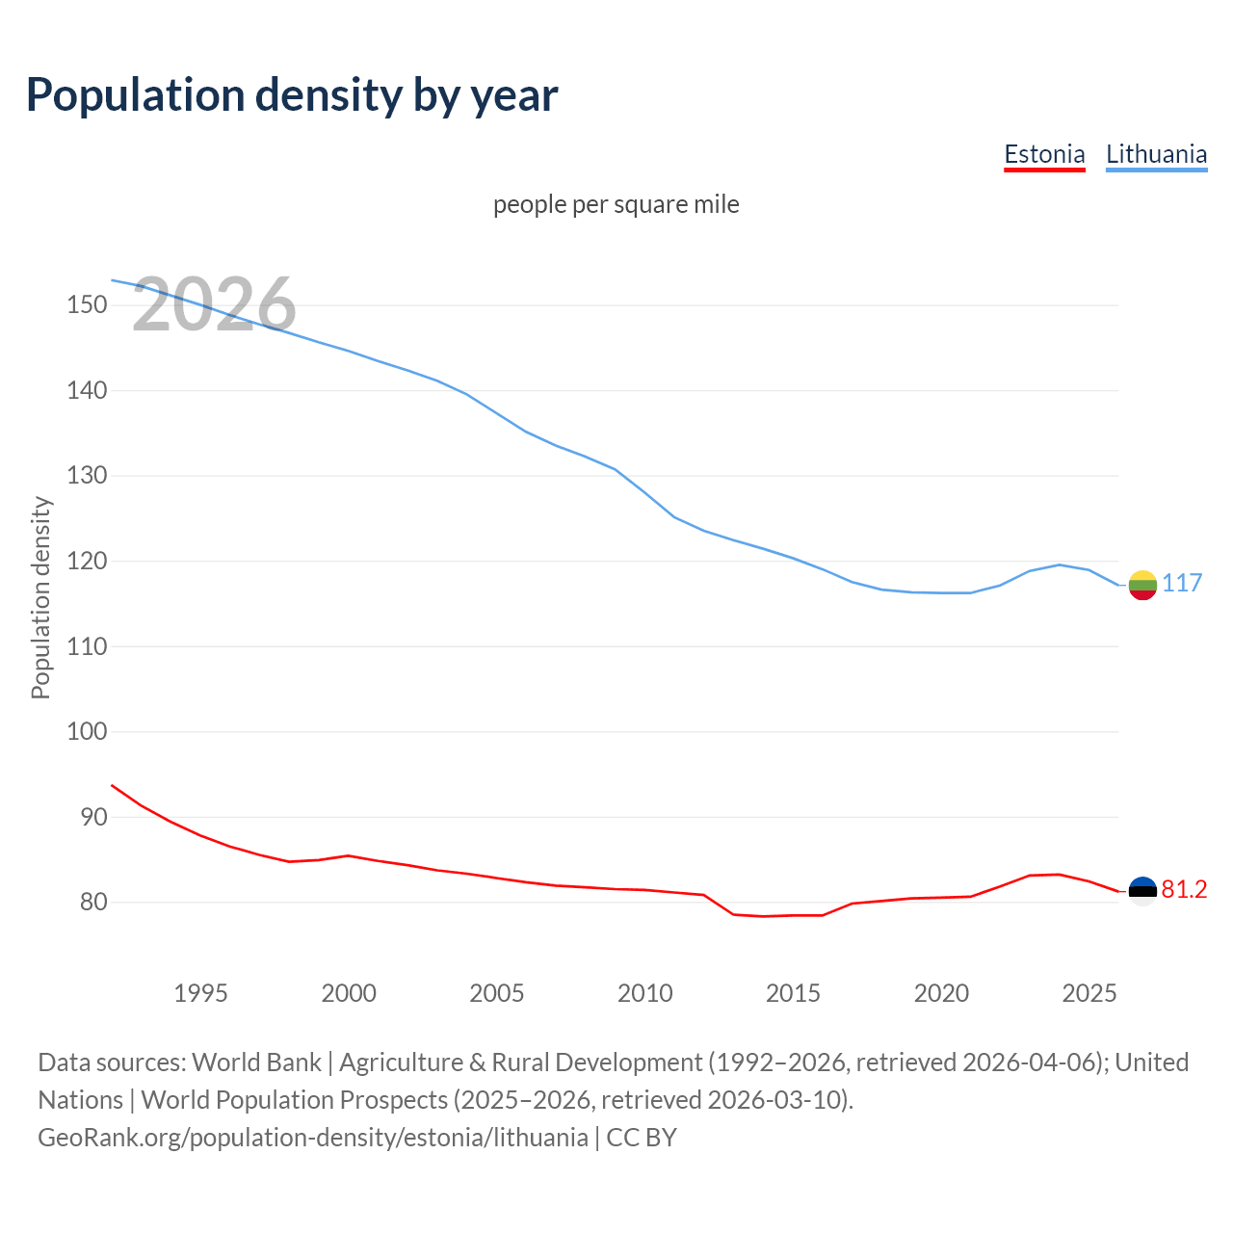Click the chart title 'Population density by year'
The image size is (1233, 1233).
[x=292, y=94]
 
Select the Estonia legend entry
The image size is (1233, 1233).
[x=1044, y=154]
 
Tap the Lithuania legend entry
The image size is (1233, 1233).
[x=1156, y=154]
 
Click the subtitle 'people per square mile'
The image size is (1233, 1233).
[x=616, y=204]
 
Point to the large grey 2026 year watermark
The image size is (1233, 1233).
[x=214, y=304]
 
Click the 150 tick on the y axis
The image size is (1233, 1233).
[x=87, y=305]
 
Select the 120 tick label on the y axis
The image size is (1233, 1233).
[x=87, y=562]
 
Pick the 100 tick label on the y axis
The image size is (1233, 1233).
[x=87, y=732]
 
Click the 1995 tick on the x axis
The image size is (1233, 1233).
[x=200, y=993]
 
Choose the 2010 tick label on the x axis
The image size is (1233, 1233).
[x=644, y=993]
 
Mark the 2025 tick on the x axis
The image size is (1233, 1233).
[x=1089, y=993]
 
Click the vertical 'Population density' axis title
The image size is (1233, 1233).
[x=40, y=597]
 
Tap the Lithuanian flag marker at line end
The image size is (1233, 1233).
[x=1142, y=585]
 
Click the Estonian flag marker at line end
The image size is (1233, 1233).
[x=1142, y=891]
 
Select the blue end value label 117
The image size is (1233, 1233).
[x=1182, y=583]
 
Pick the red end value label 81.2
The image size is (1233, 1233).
[x=1184, y=889]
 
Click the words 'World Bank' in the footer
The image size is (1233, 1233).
[x=256, y=1062]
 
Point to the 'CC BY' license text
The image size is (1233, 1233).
[x=642, y=1137]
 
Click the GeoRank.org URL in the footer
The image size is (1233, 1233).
[x=313, y=1137]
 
